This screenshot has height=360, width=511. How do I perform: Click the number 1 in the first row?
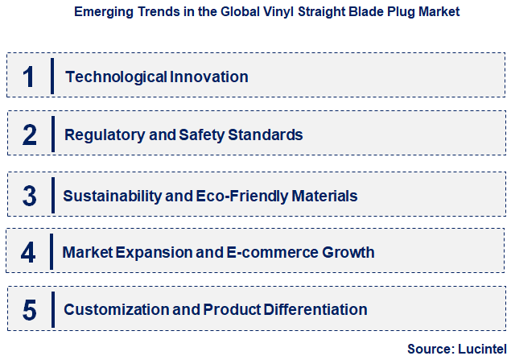coord(29,77)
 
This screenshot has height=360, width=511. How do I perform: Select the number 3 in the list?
coord(29,195)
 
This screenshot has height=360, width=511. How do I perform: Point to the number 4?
coord(29,253)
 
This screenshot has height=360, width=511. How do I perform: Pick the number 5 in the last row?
coord(29,310)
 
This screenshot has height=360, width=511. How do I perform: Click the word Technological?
coord(117,77)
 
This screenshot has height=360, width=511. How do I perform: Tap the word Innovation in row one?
coord(209,77)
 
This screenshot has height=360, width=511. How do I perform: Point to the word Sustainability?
coord(109,196)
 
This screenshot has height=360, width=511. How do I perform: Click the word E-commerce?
coord(270,253)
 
